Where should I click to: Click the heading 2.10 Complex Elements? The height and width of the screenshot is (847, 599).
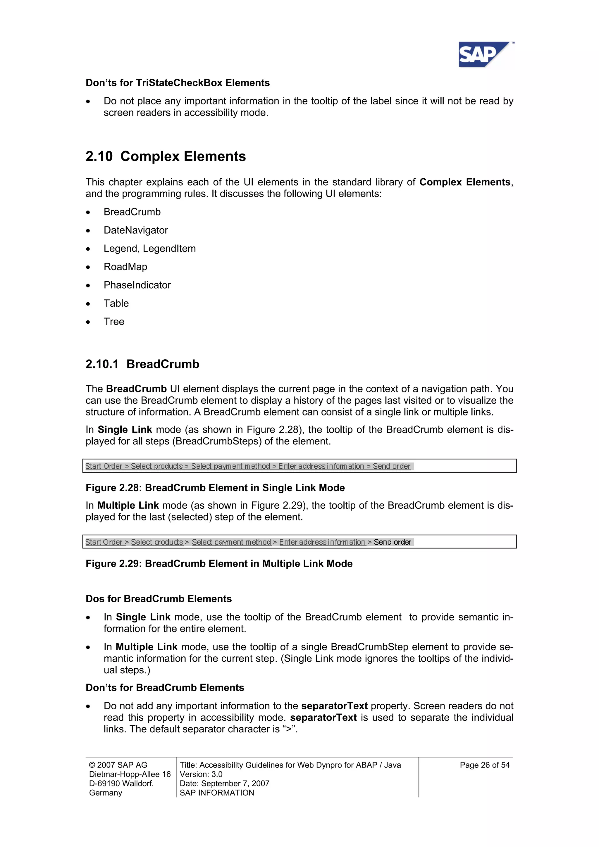pyautogui.click(x=166, y=156)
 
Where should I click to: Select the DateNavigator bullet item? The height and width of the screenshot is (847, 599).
pyautogui.click(x=135, y=230)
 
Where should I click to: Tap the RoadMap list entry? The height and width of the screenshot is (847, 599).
pyautogui.click(x=125, y=267)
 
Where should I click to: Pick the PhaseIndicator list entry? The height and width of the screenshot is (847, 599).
pyautogui.click(x=137, y=285)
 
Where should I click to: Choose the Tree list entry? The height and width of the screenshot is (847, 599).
pyautogui.click(x=114, y=322)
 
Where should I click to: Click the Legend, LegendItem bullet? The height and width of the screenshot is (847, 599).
pyautogui.click(x=149, y=249)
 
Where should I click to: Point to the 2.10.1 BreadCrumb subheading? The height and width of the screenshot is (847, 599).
pyautogui.click(x=142, y=364)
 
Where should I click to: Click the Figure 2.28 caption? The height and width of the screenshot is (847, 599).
pyautogui.click(x=215, y=488)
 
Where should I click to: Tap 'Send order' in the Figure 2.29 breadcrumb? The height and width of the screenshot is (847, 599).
pyautogui.click(x=392, y=542)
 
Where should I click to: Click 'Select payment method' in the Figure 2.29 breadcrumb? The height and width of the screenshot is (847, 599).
pyautogui.click(x=231, y=542)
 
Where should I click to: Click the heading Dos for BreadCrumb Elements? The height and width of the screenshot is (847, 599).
pyautogui.click(x=159, y=598)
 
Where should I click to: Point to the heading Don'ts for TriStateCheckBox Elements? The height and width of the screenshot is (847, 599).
pyautogui.click(x=178, y=83)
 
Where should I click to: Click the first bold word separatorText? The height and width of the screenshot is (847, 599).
pyautogui.click(x=334, y=706)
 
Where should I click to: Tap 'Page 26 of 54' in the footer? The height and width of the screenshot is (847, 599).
pyautogui.click(x=484, y=765)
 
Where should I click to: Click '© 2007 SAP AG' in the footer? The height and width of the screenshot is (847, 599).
pyautogui.click(x=118, y=765)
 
